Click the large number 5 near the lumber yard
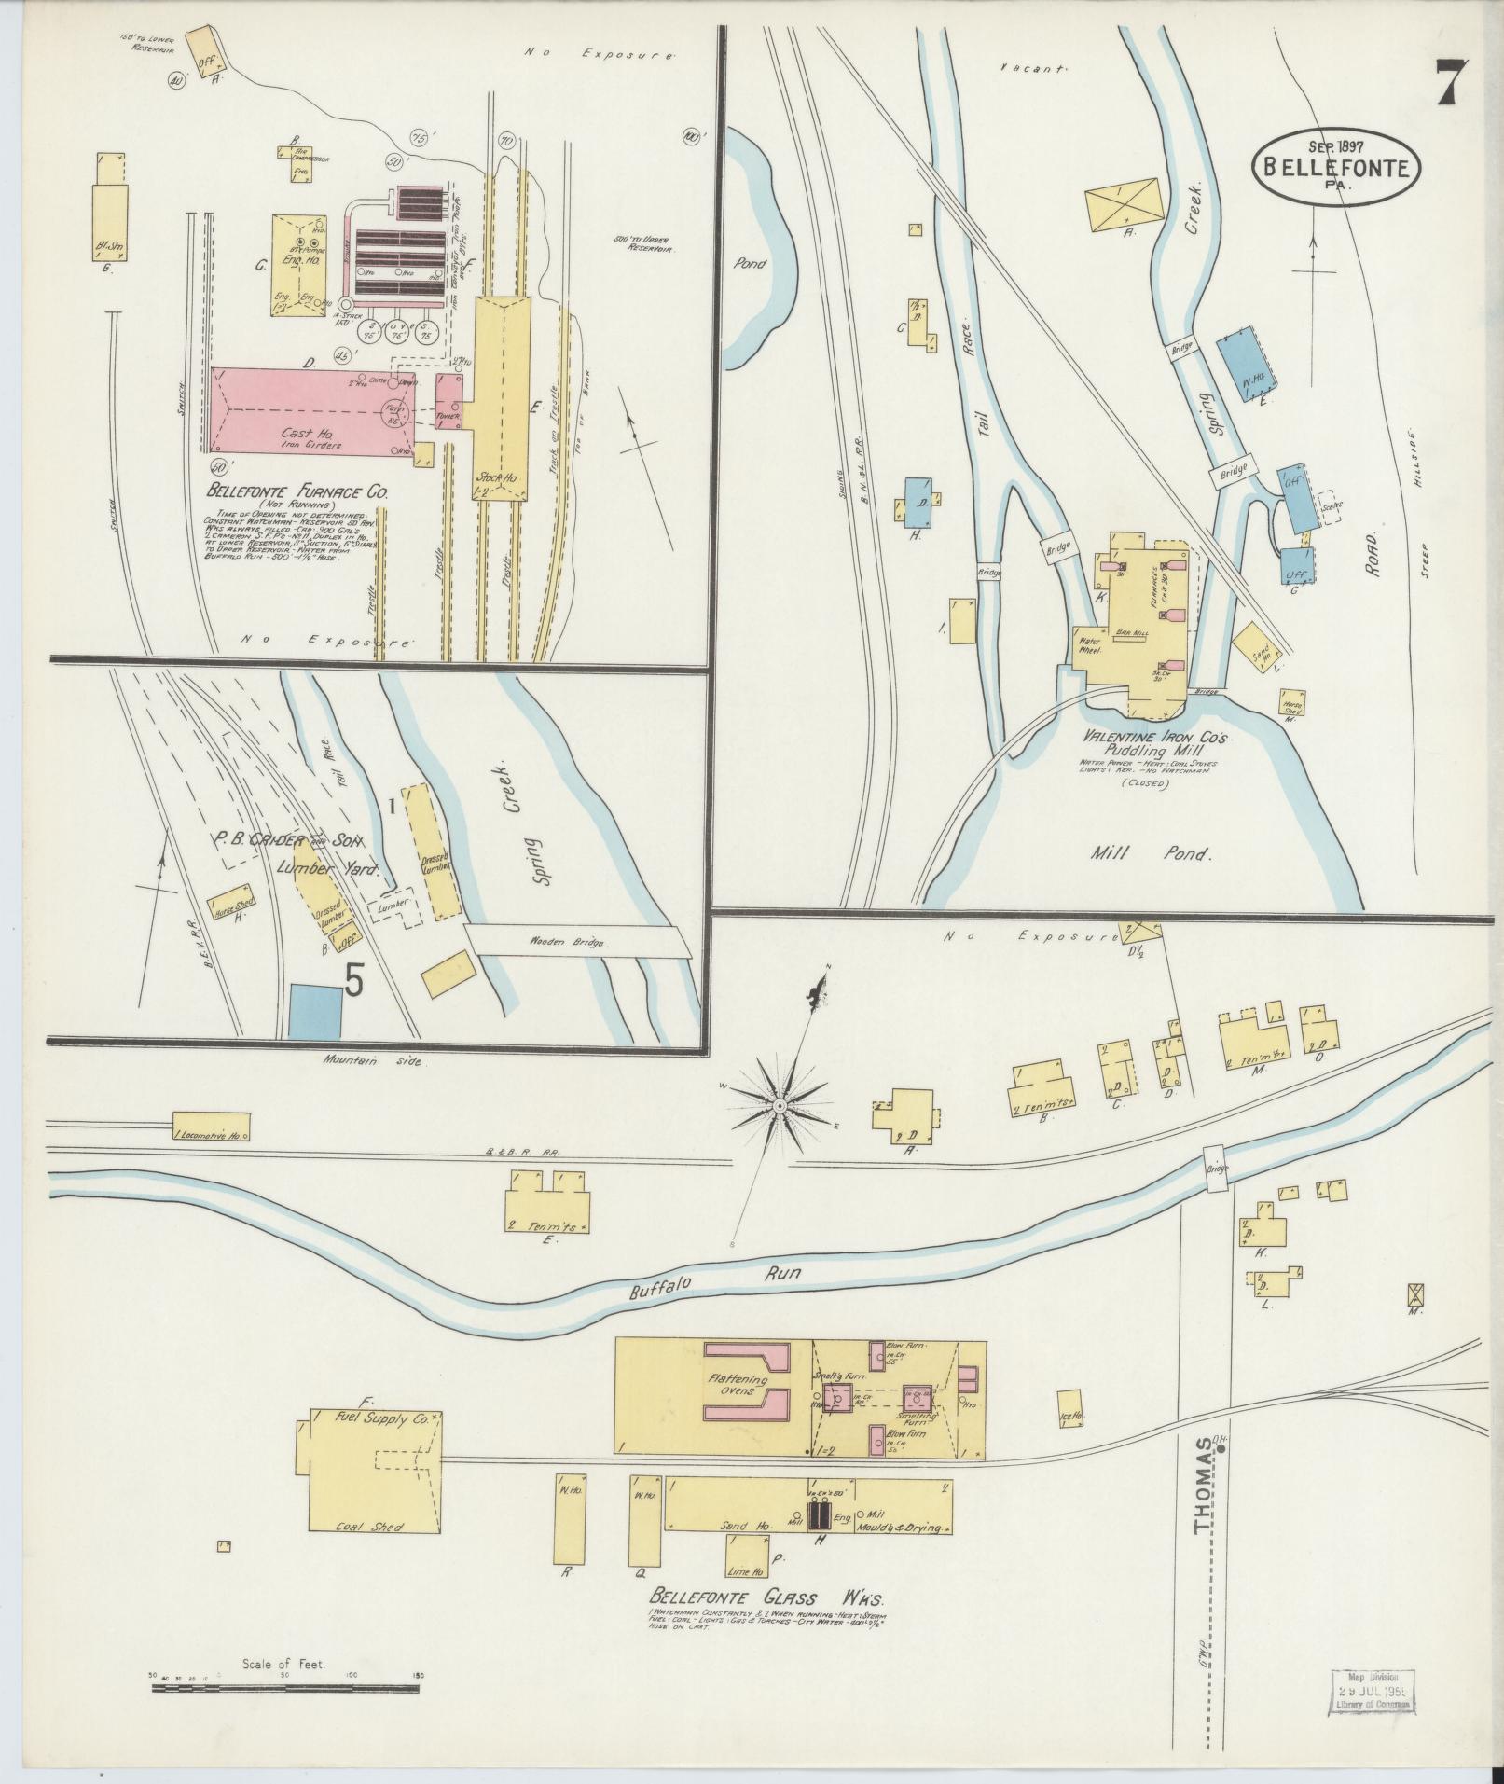354,979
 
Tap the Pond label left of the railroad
750,263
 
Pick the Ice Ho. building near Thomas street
1070,1431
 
